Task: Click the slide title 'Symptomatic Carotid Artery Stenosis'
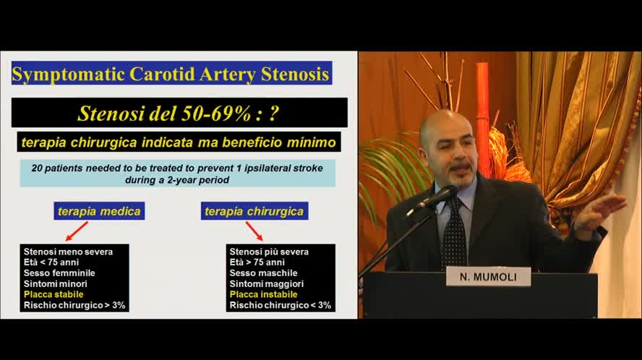[171, 74]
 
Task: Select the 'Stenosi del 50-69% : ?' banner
[179, 113]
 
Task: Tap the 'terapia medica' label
[100, 210]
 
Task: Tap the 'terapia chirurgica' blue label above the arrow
[254, 210]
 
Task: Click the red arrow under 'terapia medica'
[76, 231]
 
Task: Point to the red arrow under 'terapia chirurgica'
[254, 231]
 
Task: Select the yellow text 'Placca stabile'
[54, 294]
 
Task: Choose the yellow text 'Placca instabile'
[263, 294]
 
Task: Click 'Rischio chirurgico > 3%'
[74, 305]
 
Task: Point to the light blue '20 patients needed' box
[176, 173]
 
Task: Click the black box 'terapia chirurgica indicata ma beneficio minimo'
[179, 142]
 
